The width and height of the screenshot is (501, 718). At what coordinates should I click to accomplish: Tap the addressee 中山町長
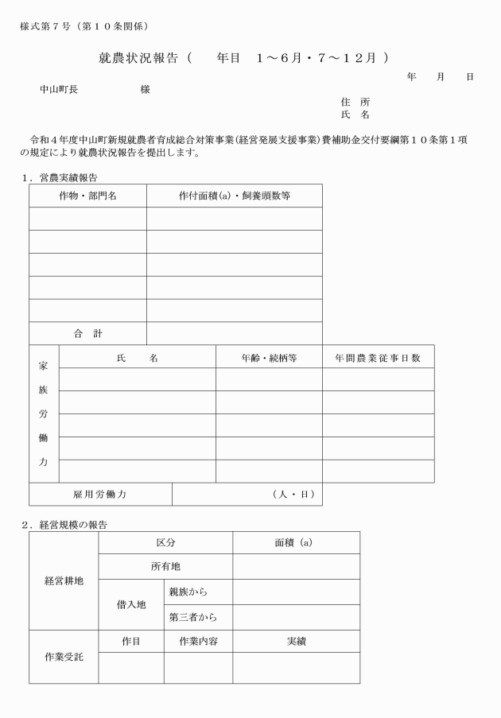pyautogui.click(x=59, y=90)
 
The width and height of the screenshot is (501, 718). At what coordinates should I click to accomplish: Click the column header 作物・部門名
pyautogui.click(x=87, y=196)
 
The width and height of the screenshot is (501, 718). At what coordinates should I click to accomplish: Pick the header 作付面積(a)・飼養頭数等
pyautogui.click(x=234, y=196)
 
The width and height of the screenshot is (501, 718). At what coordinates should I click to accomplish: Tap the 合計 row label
pyautogui.click(x=87, y=333)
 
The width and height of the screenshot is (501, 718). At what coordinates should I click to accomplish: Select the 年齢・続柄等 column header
pyautogui.click(x=269, y=358)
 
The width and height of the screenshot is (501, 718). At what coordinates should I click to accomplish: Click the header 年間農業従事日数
pyautogui.click(x=378, y=358)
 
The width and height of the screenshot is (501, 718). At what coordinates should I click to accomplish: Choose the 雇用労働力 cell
pyautogui.click(x=100, y=495)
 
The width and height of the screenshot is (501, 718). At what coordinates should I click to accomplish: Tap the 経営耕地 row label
pyautogui.click(x=64, y=580)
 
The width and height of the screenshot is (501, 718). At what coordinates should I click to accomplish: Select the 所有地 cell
pyautogui.click(x=165, y=568)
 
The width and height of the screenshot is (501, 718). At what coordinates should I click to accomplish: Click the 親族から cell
pyautogui.click(x=188, y=592)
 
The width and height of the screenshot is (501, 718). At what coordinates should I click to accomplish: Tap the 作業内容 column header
pyautogui.click(x=198, y=641)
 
